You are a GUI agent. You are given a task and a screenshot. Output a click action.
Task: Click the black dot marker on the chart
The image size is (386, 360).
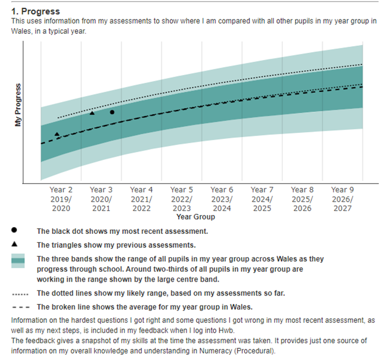coord(112,112)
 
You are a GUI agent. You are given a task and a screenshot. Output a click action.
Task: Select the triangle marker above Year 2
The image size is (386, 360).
coord(57,134)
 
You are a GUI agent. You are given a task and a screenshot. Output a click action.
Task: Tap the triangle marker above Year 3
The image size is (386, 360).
coord(92,113)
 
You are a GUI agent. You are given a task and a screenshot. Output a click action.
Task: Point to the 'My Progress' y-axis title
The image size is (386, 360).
coord(18,106)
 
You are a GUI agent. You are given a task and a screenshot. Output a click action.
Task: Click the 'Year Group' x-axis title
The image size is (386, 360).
coord(195,217)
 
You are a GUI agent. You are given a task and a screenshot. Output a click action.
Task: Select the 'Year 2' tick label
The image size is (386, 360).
coord(61,190)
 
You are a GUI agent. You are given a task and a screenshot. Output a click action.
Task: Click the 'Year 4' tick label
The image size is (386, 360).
coord(142,190)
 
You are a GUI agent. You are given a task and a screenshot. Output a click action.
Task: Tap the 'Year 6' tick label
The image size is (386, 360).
coord(222,190)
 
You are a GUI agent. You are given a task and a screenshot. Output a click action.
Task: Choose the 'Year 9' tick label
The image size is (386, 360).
coord(343,190)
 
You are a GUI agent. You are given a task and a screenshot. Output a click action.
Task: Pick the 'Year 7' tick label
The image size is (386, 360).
coord(262,190)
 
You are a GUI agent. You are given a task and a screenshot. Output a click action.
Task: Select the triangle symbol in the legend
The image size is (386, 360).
coord(14,244)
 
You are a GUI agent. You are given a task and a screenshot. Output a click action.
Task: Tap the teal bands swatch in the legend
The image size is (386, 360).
coord(18,262)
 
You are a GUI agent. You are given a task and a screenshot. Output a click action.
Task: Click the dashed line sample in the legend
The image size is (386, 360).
coord(18,307)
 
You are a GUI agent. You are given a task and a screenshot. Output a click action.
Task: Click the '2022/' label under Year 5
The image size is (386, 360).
coord(182,199)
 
